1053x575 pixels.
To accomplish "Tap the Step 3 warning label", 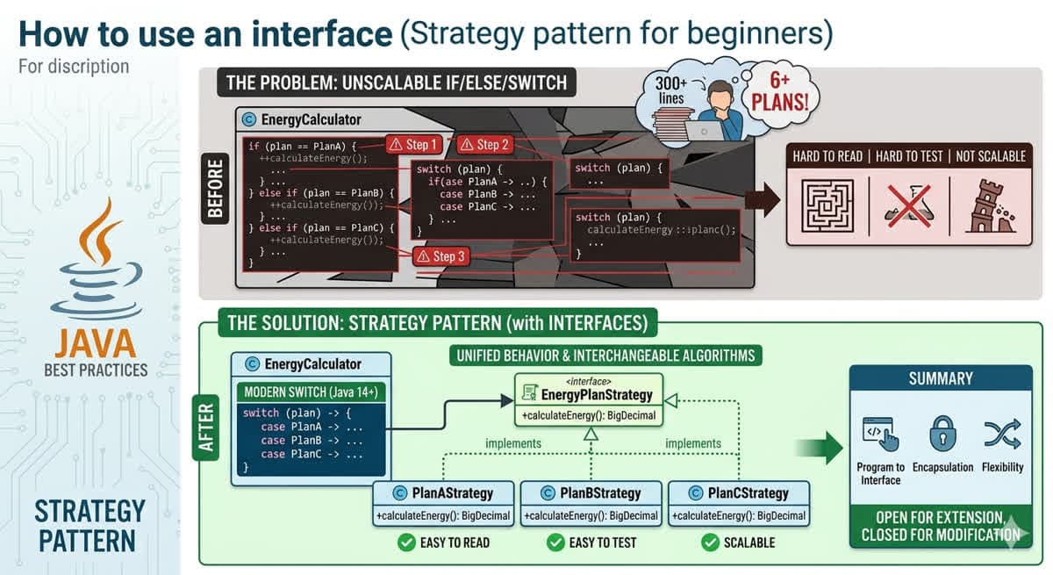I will click(x=438, y=256).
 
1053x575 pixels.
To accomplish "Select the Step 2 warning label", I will click(x=482, y=145).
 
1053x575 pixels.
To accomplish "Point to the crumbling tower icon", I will click(x=990, y=205).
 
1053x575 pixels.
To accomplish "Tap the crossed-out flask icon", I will click(x=908, y=205).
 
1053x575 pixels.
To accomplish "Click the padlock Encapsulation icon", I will click(x=942, y=434).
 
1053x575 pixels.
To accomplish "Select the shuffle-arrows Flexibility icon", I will click(x=1002, y=434).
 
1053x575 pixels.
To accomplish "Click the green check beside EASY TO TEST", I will click(x=555, y=543).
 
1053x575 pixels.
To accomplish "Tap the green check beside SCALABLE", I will click(x=710, y=543).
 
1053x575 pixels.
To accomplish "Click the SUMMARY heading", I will click(x=941, y=378).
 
